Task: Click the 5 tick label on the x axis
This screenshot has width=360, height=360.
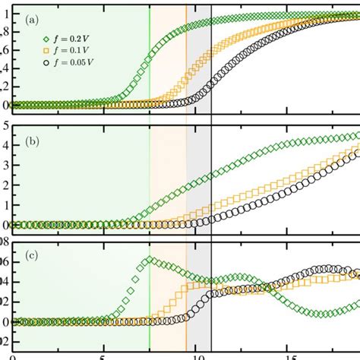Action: coord(101,355)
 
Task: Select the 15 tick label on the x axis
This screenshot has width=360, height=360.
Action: coord(292,355)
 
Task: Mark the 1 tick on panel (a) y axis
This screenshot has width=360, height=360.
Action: coord(6,13)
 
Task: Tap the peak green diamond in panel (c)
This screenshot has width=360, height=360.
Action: coord(150,261)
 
